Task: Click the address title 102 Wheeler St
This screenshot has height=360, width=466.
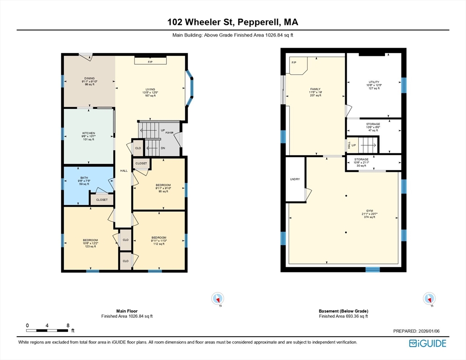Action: (233, 22)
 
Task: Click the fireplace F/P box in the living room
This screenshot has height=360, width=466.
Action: (150, 61)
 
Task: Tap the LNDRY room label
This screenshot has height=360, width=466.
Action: (295, 179)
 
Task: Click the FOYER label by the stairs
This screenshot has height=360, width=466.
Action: (170, 133)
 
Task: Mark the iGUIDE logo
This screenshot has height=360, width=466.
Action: (427, 343)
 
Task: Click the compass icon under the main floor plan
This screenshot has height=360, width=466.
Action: (218, 298)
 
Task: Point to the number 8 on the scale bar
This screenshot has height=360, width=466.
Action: (68, 325)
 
